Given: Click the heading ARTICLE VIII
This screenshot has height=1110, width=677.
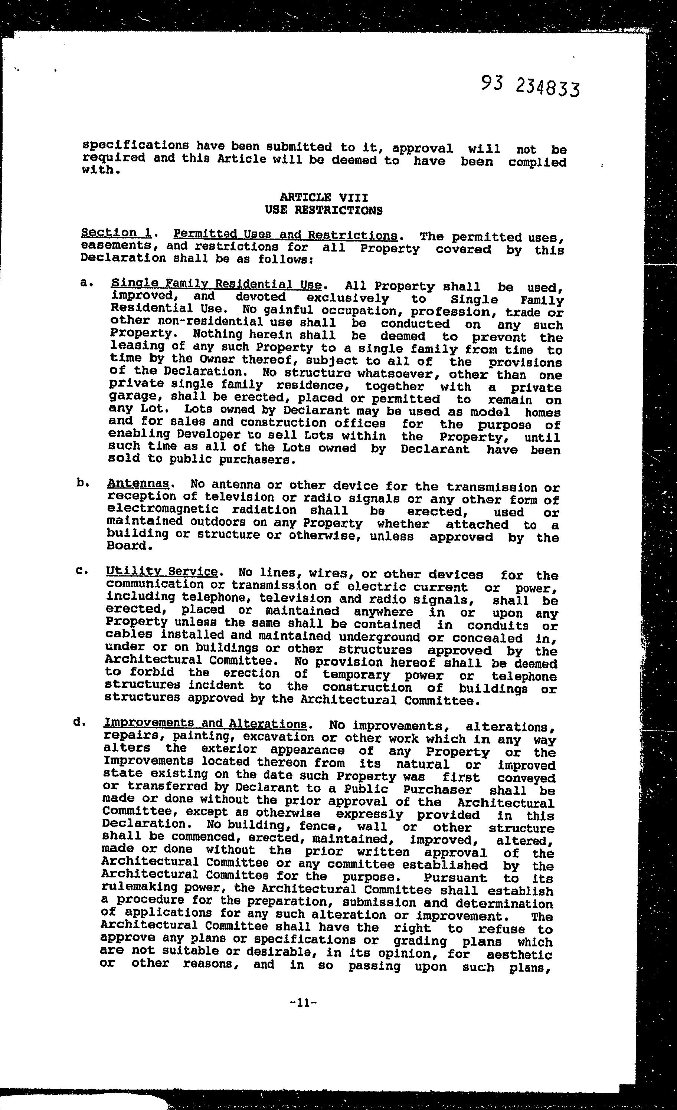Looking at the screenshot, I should tap(324, 197).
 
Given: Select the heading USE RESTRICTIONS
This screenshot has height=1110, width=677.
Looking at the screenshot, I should tap(324, 210).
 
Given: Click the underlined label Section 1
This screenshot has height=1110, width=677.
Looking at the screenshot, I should tap(116, 233).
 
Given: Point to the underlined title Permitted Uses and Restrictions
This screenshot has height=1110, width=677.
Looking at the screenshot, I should tap(285, 235).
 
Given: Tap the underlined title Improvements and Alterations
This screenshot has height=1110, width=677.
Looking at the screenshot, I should tap(205, 723).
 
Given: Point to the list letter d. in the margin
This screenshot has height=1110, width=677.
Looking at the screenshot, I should tap(79, 722).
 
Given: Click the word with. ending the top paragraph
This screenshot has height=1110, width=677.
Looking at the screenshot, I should tap(101, 170).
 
